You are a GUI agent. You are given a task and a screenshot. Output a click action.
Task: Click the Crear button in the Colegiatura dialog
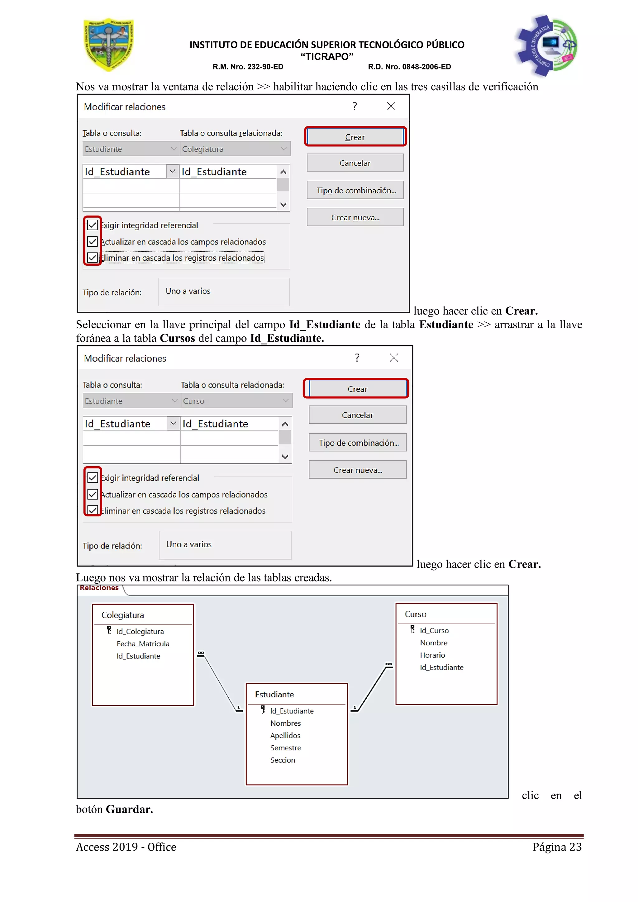(x=355, y=137)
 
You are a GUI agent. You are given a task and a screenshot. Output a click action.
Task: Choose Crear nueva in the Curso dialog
(x=358, y=470)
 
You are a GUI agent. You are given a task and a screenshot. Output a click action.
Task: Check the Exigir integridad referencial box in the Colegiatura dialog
(x=92, y=225)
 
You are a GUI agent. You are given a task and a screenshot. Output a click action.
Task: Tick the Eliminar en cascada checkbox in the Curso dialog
(x=92, y=510)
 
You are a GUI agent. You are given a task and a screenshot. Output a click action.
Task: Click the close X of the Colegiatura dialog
(x=391, y=106)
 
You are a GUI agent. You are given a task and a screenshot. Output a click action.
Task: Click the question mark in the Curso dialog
(x=357, y=358)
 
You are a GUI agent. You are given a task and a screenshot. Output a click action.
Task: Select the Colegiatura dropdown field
(x=235, y=149)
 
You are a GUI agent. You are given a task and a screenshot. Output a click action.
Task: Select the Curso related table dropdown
(x=236, y=401)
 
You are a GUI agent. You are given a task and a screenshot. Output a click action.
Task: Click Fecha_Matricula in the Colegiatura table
(x=143, y=644)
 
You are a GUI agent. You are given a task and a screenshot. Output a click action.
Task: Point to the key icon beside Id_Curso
(x=412, y=629)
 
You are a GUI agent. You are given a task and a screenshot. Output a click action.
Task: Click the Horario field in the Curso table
(x=432, y=655)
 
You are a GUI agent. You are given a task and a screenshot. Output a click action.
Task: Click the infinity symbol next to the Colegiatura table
(x=201, y=653)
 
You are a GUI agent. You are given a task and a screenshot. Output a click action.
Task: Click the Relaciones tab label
(x=99, y=588)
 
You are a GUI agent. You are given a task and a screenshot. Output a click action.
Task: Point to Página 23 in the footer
(x=557, y=847)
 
